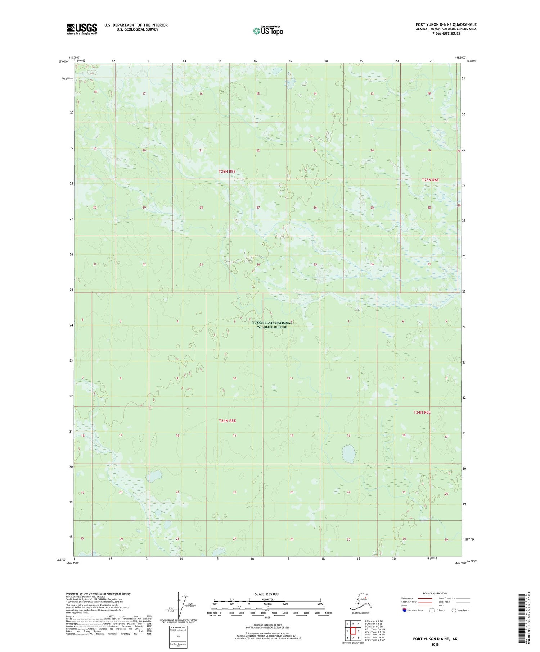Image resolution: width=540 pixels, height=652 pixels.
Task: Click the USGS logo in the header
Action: [82, 29]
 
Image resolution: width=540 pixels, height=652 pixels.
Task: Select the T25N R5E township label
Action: [227, 172]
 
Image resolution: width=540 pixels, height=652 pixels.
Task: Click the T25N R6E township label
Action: [431, 180]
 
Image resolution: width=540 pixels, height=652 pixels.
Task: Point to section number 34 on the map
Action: [258, 265]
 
